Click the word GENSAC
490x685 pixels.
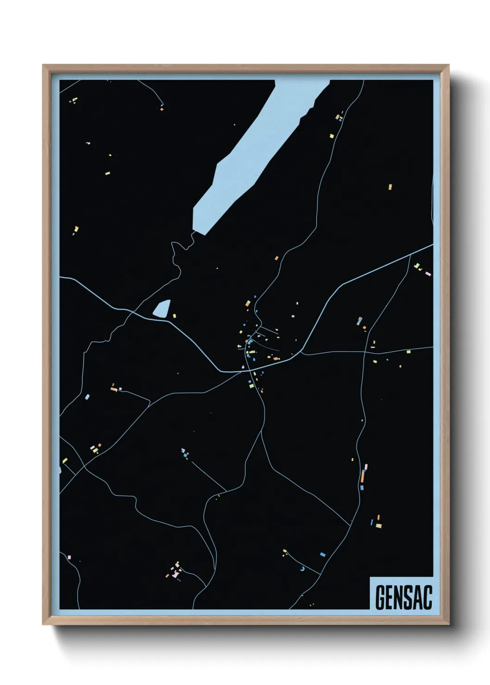point(403,598)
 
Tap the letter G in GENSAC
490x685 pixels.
point(380,598)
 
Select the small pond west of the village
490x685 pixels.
point(162,308)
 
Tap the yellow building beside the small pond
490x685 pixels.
point(175,316)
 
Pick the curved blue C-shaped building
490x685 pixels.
point(303,568)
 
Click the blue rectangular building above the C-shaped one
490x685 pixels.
point(323,554)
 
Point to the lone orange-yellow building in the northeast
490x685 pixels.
point(390,187)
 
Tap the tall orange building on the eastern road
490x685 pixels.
point(363,476)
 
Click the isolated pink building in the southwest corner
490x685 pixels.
point(69,557)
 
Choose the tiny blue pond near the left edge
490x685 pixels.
point(87,397)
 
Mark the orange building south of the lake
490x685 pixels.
point(276,258)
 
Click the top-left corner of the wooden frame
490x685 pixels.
point(44,65)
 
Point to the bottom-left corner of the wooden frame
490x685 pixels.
point(44,625)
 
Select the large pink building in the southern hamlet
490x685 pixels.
point(175,574)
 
